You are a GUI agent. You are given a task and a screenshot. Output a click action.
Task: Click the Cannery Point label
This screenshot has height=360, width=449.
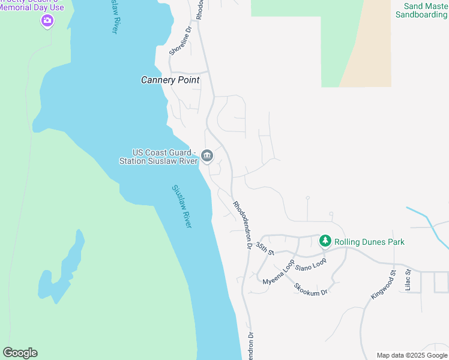tap(170, 80)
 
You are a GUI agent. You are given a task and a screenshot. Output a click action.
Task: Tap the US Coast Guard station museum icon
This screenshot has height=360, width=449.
tap(207, 157)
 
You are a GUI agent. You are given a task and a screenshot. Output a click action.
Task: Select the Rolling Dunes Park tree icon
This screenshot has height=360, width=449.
tap(325, 241)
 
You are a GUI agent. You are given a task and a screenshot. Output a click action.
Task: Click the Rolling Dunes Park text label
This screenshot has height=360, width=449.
tap(369, 242)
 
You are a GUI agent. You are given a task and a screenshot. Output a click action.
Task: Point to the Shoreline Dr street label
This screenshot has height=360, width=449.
tap(180, 41)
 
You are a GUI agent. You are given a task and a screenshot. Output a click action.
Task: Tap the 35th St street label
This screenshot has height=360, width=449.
tap(264, 247)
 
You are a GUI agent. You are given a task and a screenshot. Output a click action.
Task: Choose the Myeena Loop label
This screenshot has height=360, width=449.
tap(279, 272)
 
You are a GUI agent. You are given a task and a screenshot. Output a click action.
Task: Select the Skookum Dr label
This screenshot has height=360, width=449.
tap(310, 287)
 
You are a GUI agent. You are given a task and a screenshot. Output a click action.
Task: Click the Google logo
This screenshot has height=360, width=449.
tap(20, 353)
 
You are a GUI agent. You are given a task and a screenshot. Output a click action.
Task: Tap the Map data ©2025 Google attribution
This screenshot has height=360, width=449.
tap(412, 355)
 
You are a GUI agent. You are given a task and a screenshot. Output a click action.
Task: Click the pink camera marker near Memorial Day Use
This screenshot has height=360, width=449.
tap(47, 22)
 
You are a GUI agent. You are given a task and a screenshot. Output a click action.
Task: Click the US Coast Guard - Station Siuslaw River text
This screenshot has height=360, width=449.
tap(157, 157)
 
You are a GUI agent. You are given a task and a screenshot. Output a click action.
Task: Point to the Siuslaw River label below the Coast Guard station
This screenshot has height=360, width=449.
tap(182, 206)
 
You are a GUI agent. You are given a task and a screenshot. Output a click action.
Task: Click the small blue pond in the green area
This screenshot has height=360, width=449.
tap(62, 270)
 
